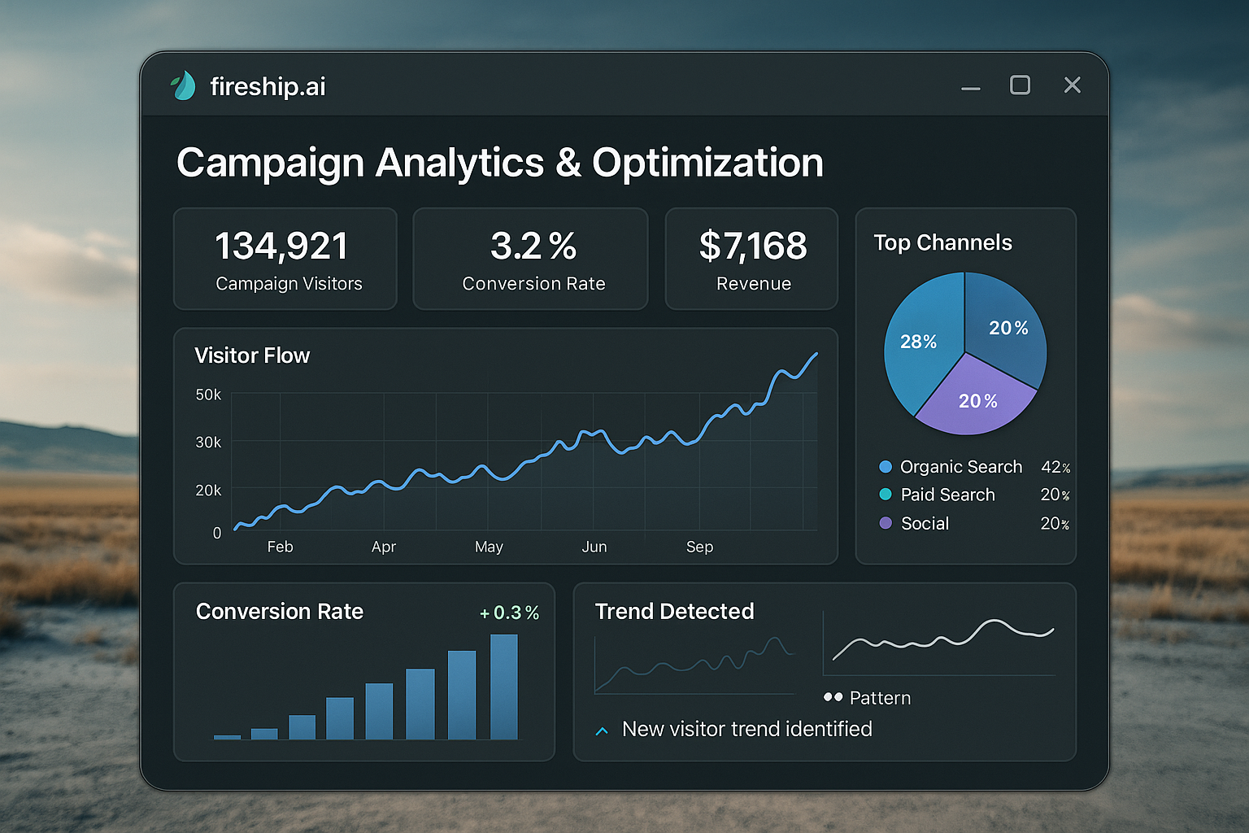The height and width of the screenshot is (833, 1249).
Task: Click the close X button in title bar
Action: pyautogui.click(x=1072, y=85)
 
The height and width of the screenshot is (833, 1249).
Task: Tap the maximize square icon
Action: pyautogui.click(x=1020, y=85)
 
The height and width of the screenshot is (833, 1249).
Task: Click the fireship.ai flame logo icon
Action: pyautogui.click(x=184, y=85)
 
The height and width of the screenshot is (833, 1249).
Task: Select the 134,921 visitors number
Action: pyautogui.click(x=281, y=246)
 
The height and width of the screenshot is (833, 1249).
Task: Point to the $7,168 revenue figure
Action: pyautogui.click(x=753, y=246)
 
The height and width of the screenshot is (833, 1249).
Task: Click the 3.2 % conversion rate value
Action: pyautogui.click(x=533, y=246)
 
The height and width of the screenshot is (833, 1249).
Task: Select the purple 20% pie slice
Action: pyautogui.click(x=977, y=400)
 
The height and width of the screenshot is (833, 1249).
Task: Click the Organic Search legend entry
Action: pyautogui.click(x=960, y=467)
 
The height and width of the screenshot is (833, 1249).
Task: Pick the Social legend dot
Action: pyautogui.click(x=886, y=523)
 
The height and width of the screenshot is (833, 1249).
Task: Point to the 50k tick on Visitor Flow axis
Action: pyautogui.click(x=208, y=395)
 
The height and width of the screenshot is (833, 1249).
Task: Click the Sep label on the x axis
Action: pyautogui.click(x=699, y=547)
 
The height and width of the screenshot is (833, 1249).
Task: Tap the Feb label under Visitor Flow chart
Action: pyautogui.click(x=280, y=547)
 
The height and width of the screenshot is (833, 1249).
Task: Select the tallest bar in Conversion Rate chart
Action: pyautogui.click(x=504, y=687)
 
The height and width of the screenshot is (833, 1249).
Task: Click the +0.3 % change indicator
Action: pyautogui.click(x=510, y=613)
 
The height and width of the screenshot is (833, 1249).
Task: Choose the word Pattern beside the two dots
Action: pyautogui.click(x=880, y=698)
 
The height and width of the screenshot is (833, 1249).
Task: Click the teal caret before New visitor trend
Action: pyautogui.click(x=602, y=731)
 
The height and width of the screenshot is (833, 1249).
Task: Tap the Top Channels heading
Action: pyautogui.click(x=942, y=242)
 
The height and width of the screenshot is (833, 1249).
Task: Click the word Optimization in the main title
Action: pyautogui.click(x=707, y=163)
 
